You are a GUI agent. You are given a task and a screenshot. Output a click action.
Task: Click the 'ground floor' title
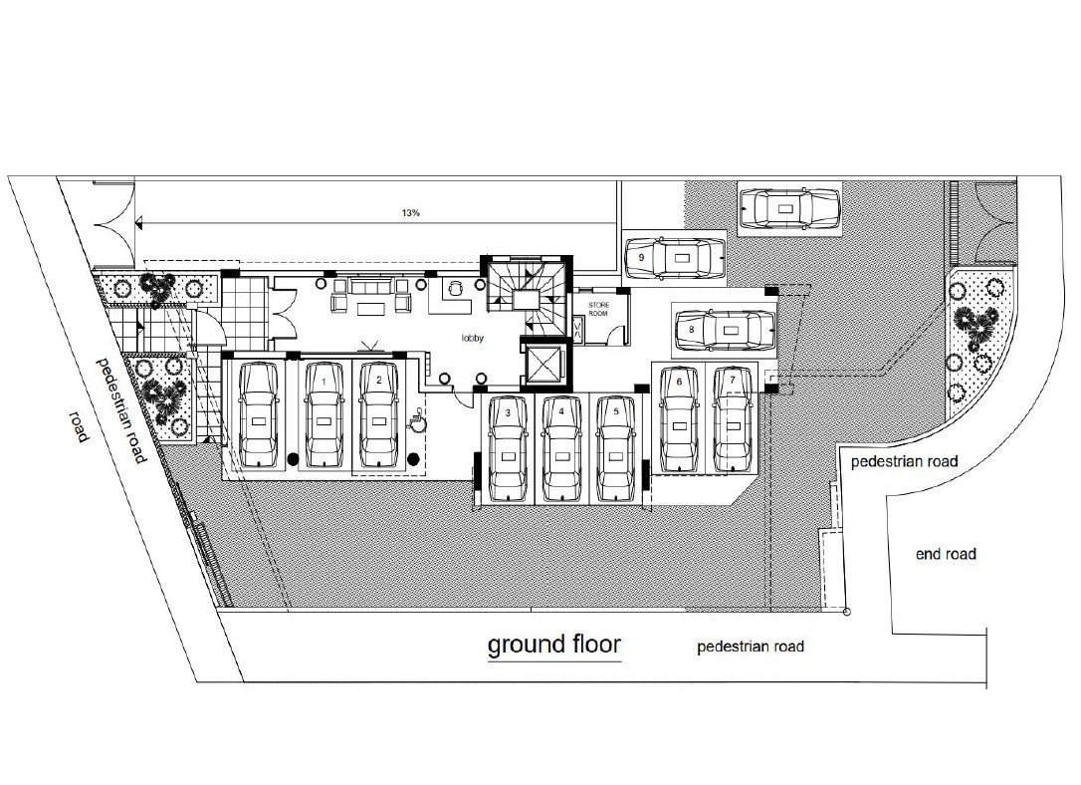click(554, 645)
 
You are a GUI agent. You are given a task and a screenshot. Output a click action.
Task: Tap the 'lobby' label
click(473, 338)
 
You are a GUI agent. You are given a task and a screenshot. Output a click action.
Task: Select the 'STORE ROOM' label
click(598, 309)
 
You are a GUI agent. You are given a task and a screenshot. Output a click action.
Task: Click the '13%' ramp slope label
click(411, 213)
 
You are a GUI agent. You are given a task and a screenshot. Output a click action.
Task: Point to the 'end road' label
click(946, 554)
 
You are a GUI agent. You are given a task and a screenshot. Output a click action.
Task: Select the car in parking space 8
click(726, 331)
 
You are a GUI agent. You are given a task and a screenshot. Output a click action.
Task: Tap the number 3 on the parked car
click(508, 412)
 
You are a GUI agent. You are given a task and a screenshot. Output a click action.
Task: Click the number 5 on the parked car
click(615, 411)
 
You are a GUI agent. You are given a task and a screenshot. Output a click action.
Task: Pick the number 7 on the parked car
click(733, 380)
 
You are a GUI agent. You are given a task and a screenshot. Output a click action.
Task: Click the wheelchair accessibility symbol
click(416, 420)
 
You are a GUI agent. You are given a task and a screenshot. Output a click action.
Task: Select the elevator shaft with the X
click(543, 364)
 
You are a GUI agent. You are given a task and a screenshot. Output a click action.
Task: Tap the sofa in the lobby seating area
click(370, 286)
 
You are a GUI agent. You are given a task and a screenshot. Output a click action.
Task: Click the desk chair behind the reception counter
click(454, 289)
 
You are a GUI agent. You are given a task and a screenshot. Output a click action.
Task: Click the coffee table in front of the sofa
click(370, 306)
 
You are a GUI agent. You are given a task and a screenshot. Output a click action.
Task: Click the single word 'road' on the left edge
click(79, 426)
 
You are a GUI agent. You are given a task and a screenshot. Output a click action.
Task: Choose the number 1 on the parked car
click(324, 381)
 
